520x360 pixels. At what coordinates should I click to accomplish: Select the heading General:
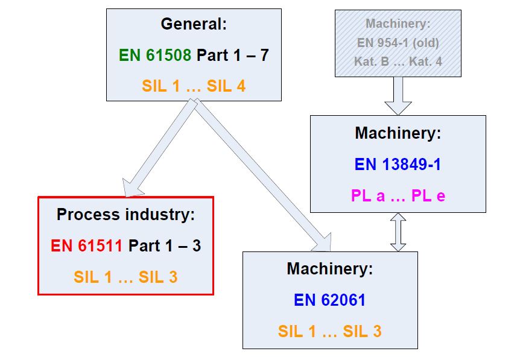[194, 25]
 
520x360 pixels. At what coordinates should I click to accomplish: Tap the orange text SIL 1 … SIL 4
[194, 86]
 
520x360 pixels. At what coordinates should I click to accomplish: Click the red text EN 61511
[86, 245]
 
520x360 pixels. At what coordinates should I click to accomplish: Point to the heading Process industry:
[125, 214]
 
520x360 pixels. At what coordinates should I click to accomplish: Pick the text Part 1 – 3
[165, 245]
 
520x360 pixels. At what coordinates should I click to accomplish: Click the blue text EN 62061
[329, 300]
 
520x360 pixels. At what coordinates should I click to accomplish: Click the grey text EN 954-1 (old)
[398, 43]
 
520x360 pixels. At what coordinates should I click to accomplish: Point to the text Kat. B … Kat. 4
[398, 62]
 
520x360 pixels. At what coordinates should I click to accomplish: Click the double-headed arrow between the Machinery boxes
[398, 232]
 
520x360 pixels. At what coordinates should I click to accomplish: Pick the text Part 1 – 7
[233, 55]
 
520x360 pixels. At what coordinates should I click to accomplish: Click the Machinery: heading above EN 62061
[329, 268]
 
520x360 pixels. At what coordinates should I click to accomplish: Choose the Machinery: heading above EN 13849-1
[398, 133]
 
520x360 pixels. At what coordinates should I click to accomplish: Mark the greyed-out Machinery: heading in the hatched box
[398, 25]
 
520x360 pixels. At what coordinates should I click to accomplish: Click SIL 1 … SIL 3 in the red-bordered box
[125, 277]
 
